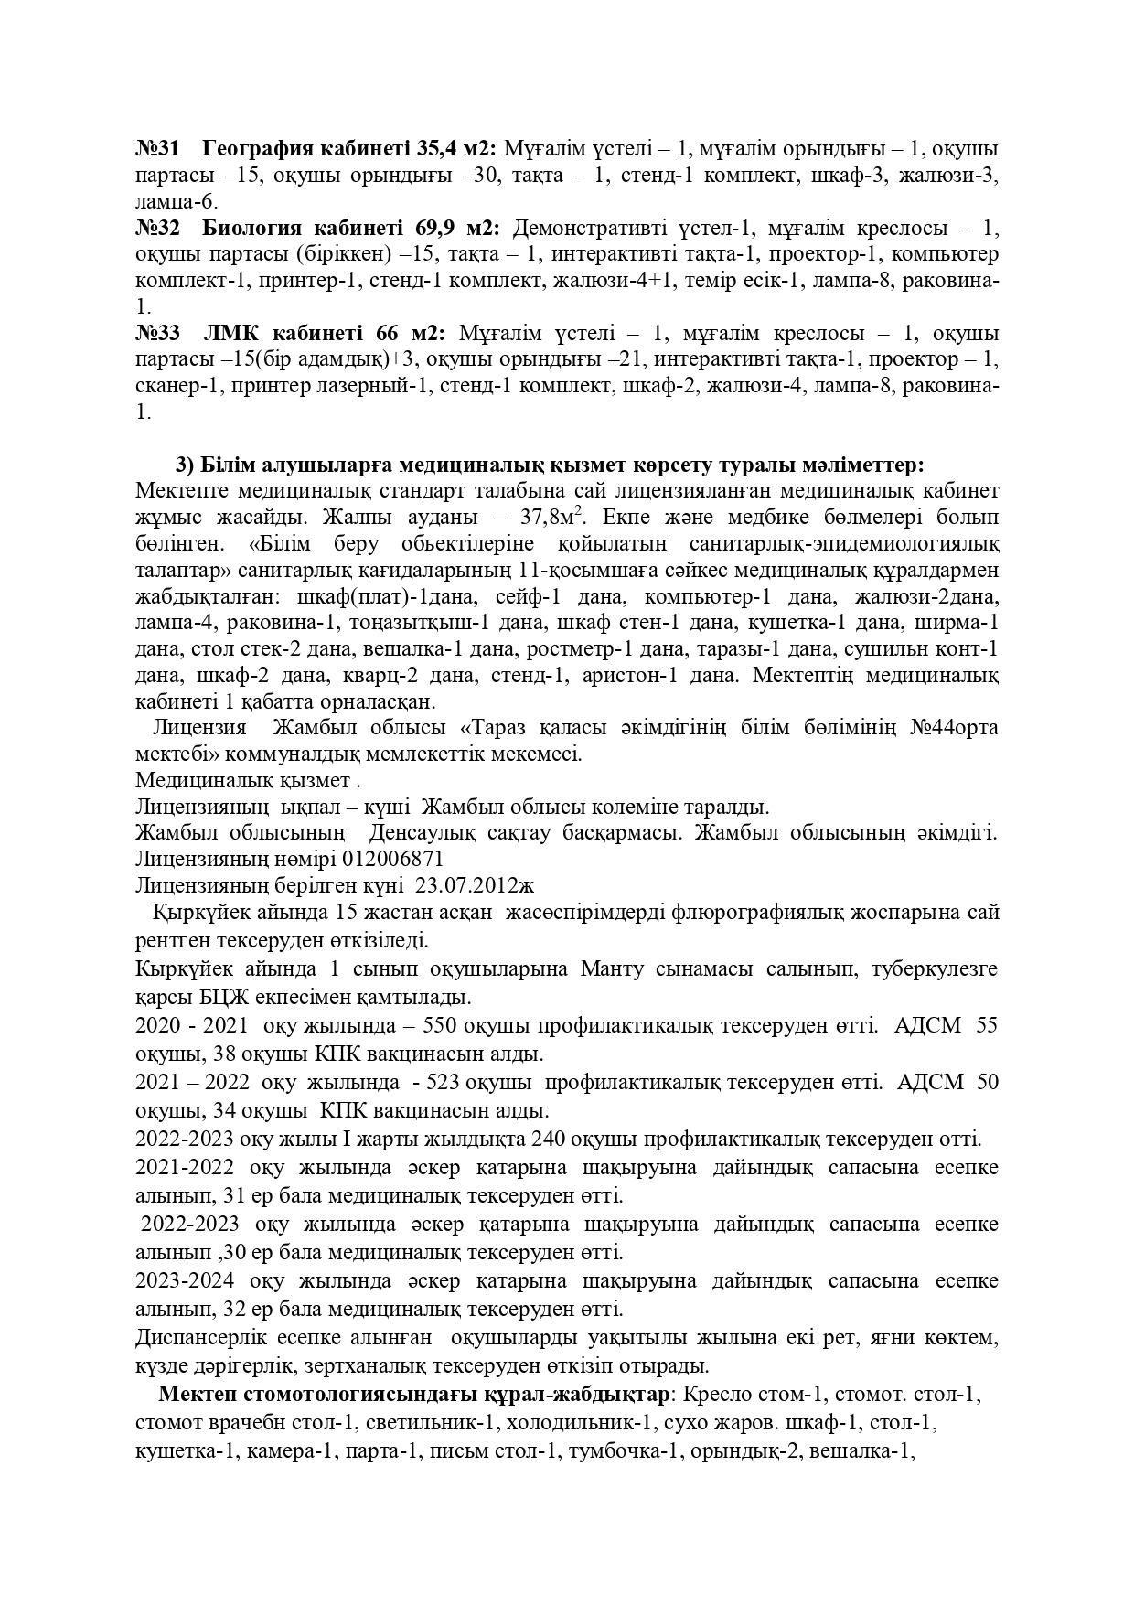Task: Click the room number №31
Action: [x=157, y=148]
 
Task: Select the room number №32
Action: [x=157, y=227]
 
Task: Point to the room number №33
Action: [x=157, y=333]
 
